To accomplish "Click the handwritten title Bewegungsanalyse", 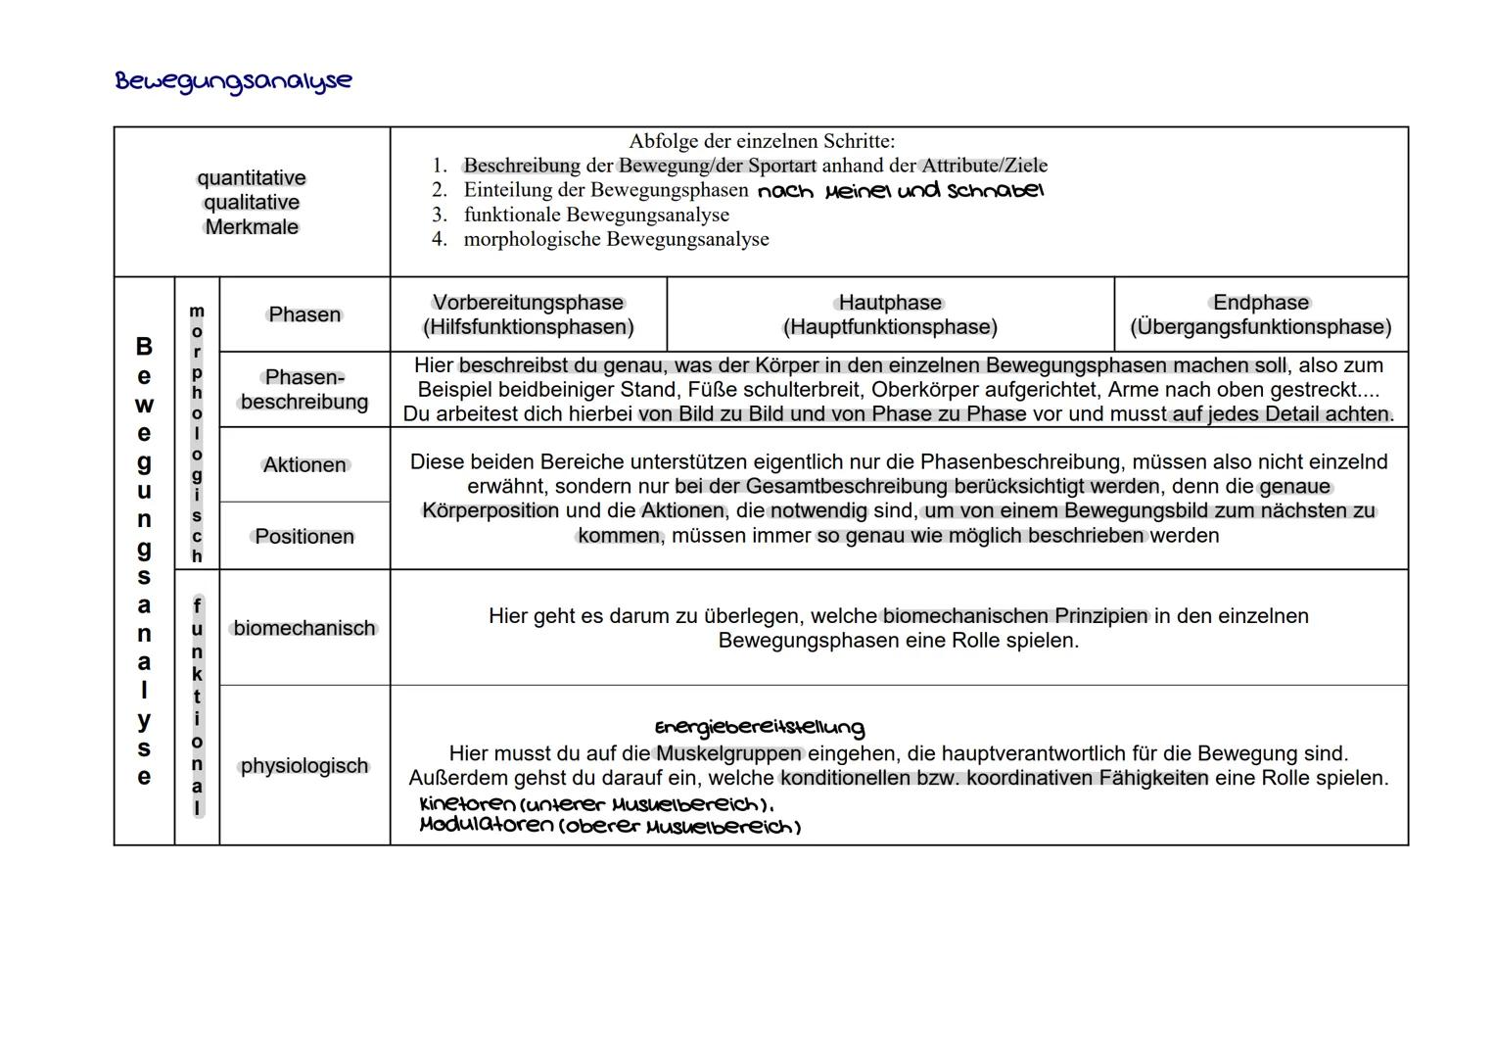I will point(233,80).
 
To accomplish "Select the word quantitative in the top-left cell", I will point(252,178).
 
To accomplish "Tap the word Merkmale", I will point(252,227).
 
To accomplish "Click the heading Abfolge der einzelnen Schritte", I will point(761,141).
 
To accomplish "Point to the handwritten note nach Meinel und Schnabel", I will point(900,190).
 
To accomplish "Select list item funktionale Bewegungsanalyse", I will point(595,215).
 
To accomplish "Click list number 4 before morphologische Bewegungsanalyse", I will point(439,239).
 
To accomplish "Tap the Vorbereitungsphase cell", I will point(528,314).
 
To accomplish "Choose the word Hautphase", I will point(890,303).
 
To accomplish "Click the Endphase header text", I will point(1260,303).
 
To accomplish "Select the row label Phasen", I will point(304,314).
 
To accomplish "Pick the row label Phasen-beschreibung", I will point(304,389).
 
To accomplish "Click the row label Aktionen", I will point(304,465).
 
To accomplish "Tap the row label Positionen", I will point(304,537).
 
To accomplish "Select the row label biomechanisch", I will point(304,628).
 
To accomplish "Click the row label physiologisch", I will point(304,766).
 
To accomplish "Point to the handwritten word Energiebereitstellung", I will point(759,728).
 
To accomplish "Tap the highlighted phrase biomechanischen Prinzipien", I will point(1015,616).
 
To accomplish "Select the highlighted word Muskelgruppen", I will point(729,753).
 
